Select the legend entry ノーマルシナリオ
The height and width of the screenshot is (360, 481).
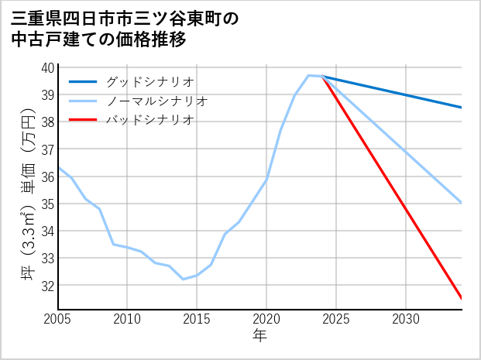coord(156,101)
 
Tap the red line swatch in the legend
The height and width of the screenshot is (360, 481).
coord(83,120)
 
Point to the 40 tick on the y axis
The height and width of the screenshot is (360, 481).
coord(47,67)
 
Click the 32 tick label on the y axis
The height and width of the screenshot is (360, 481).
coord(47,285)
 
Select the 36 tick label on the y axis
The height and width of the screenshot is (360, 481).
coord(47,177)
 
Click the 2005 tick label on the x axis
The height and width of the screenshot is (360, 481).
coord(58,319)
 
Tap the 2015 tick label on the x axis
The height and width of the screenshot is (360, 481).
coord(197,319)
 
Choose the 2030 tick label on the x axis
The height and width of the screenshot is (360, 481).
coord(406,319)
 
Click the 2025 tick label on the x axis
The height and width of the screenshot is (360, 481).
coord(336,319)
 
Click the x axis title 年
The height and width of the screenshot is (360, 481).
coord(260,336)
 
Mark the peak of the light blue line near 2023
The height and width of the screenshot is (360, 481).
coord(309,75)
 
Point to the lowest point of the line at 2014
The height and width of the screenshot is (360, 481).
coord(184,279)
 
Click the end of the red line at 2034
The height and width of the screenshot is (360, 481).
coord(462,298)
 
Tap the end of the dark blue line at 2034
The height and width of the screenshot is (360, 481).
coord(462,108)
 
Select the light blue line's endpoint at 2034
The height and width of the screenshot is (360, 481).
coord(462,203)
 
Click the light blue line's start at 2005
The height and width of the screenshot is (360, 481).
coord(58,167)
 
